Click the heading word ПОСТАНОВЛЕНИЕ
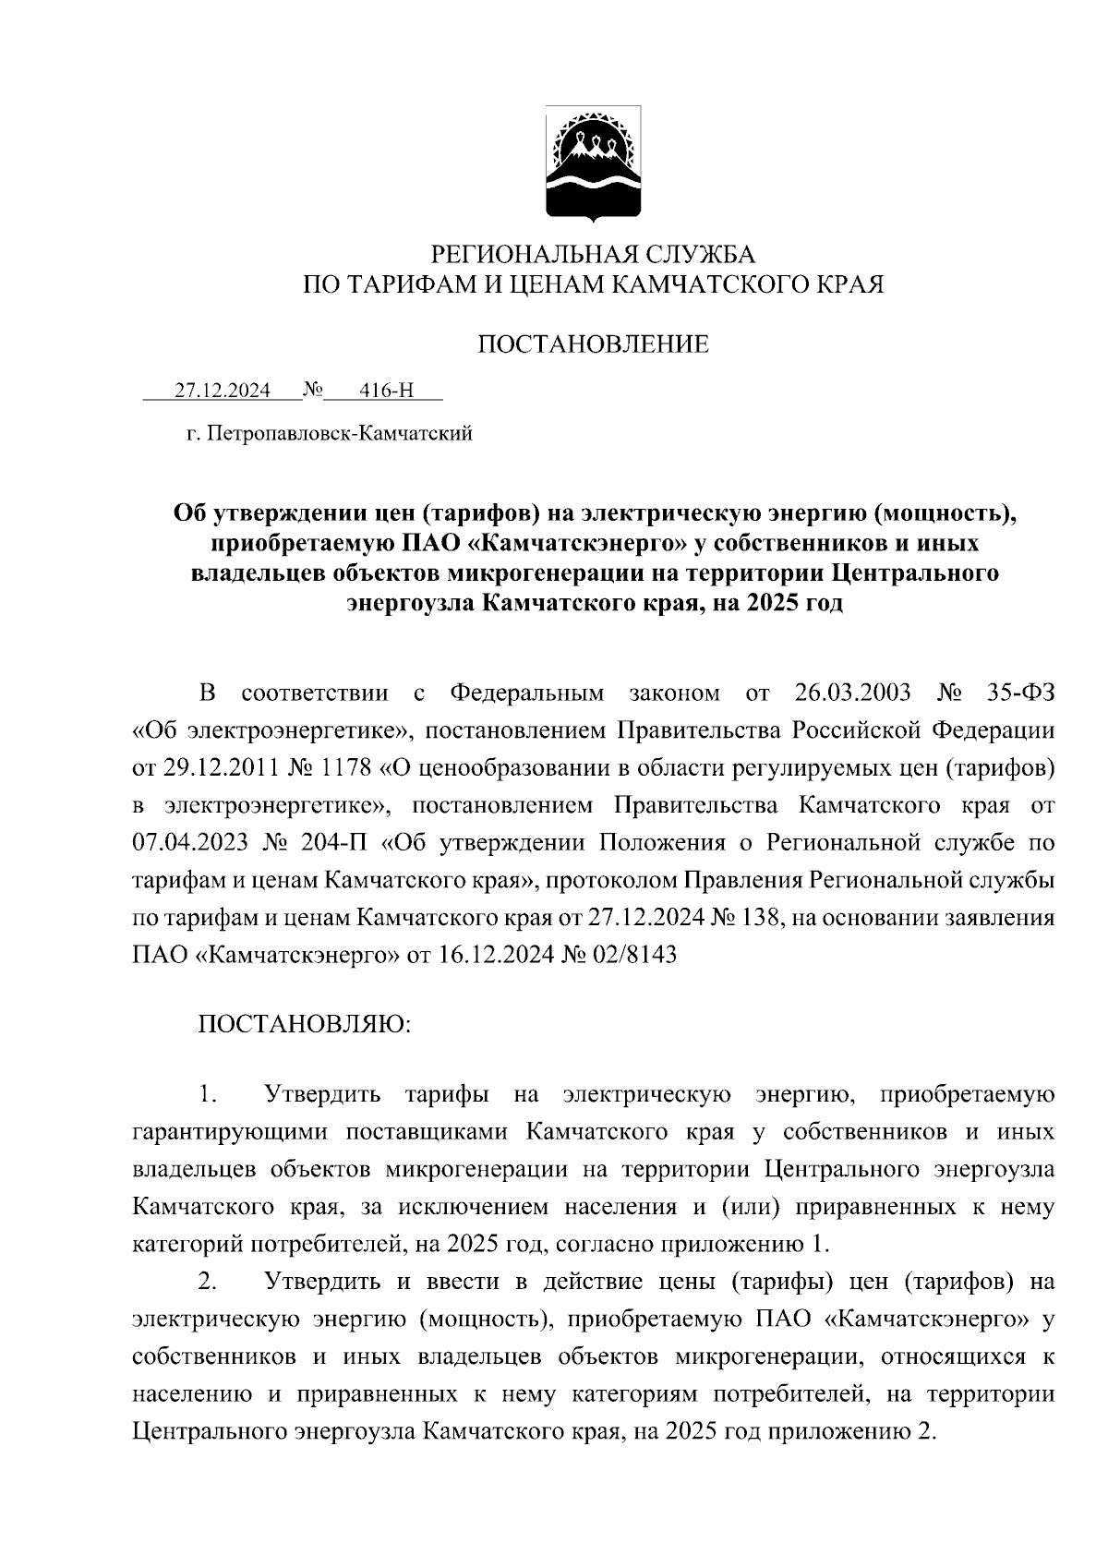593,344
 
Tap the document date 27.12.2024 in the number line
223,391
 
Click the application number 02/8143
636,955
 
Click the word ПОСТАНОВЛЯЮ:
305,1025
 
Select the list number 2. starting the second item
208,1282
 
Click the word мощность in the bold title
941,511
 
